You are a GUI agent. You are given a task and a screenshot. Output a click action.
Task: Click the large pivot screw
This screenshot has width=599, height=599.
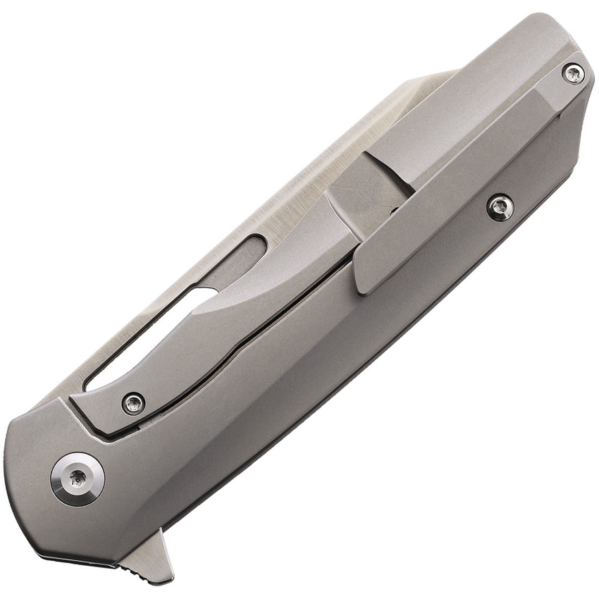(78, 479)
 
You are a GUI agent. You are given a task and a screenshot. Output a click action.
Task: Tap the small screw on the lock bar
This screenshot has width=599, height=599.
(133, 403)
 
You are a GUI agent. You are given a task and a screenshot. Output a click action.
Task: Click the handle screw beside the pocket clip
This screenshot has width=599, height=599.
(500, 207)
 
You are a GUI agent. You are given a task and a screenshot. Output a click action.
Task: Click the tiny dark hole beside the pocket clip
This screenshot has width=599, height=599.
(393, 211)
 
